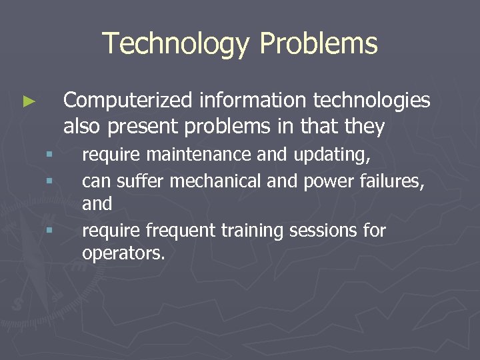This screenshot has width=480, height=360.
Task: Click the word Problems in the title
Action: click(319, 44)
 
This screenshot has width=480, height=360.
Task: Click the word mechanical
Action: click(212, 180)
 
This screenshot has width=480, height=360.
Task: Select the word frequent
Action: click(177, 231)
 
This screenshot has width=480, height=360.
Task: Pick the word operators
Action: click(123, 253)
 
